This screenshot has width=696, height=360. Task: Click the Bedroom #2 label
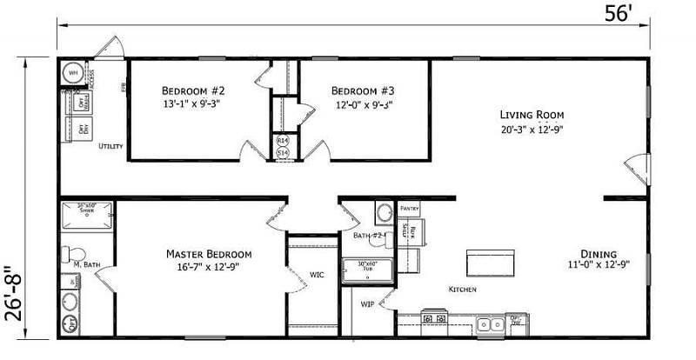tap(193, 90)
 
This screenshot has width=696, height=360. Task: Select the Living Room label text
tap(532, 115)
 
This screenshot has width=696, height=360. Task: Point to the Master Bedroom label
tap(209, 254)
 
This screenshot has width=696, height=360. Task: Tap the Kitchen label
tap(462, 289)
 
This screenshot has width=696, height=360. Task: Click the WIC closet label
tap(317, 275)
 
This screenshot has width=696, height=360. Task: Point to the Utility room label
tap(110, 146)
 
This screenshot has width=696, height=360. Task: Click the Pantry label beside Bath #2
tap(410, 210)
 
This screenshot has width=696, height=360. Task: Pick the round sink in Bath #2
tap(384, 211)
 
